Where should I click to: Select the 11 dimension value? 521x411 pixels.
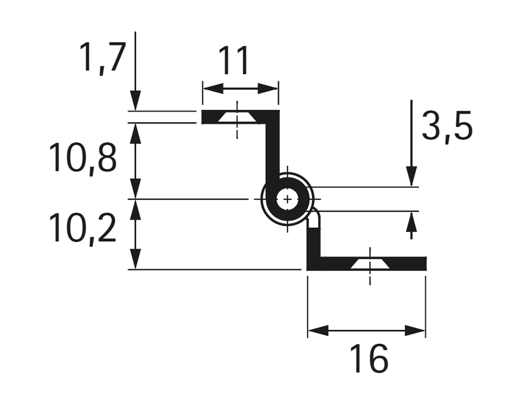coord(234,61)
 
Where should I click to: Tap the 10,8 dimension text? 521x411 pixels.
coord(82,158)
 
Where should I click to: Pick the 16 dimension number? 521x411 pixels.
coord(369,359)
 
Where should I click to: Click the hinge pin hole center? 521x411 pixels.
coord(287,199)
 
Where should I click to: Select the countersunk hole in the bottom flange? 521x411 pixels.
coord(369,264)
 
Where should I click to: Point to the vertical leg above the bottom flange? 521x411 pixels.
coord(314,238)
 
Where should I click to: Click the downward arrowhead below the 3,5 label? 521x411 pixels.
coord(411,176)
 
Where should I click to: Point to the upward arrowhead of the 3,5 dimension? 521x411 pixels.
coord(411,221)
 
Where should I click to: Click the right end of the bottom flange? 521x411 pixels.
coord(424,264)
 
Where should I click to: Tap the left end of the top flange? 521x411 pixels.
coord(204,117)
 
